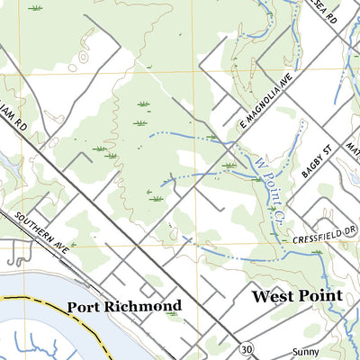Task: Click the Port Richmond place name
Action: (x=123, y=306)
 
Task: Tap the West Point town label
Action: (x=296, y=296)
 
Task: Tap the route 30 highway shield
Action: (x=246, y=347)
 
